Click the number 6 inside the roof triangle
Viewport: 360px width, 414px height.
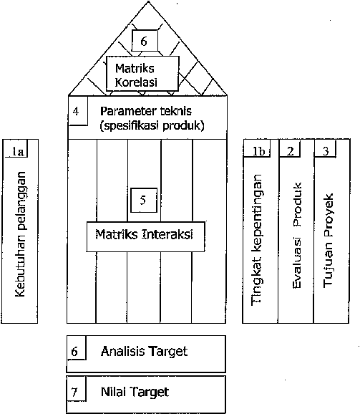tap(144, 42)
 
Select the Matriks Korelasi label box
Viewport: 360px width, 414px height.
tap(142, 73)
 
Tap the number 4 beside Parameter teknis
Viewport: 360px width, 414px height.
tap(76, 111)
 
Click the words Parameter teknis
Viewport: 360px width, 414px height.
tap(146, 111)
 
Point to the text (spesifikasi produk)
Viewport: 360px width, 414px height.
tap(152, 125)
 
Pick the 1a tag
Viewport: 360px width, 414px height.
tap(18, 151)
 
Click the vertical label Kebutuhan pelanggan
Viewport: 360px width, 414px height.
tap(20, 234)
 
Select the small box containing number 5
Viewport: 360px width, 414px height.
tap(144, 200)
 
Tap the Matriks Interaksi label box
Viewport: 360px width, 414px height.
tap(145, 236)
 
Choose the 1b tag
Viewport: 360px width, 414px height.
tap(258, 151)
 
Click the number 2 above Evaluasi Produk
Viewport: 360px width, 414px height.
tap(290, 151)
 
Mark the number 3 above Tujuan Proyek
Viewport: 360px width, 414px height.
tap(326, 151)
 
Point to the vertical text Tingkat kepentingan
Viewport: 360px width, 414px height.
tap(257, 240)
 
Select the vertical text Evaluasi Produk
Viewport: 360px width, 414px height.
tap(297, 235)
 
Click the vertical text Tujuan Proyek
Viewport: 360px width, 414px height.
tap(329, 240)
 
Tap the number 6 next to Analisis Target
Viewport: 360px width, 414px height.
tap(74, 352)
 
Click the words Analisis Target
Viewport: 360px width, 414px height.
tap(144, 352)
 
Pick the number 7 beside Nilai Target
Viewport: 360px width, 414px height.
tap(74, 392)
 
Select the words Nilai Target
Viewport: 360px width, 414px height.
tap(135, 392)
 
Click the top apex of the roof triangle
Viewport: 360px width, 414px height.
tap(148, 1)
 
